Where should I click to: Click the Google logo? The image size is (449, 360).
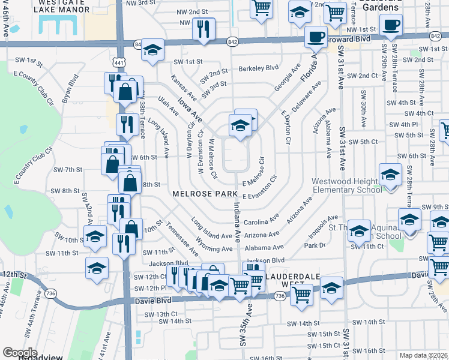(20, 353)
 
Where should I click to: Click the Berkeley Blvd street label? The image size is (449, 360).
(259, 68)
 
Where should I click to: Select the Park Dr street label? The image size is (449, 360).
(314, 245)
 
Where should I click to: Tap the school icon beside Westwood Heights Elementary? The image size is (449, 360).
(390, 175)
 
